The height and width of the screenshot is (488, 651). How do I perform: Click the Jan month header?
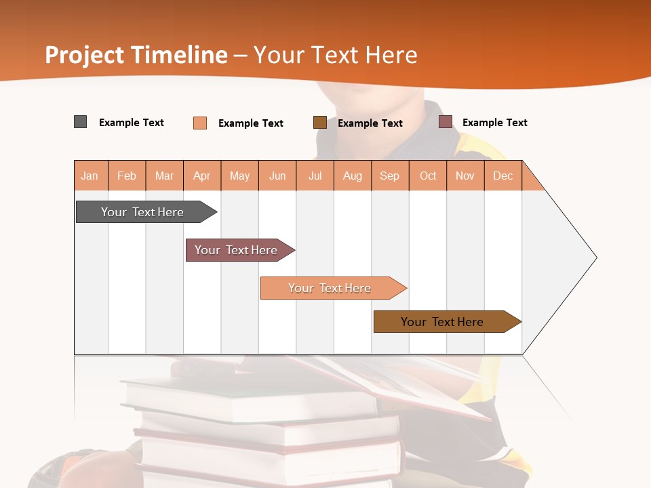[x=90, y=176]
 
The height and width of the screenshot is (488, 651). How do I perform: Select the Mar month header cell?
[x=164, y=176]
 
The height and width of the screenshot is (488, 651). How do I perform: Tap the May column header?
[x=239, y=176]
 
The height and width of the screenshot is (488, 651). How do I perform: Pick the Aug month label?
[x=352, y=176]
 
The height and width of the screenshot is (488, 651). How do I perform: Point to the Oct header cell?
[x=428, y=176]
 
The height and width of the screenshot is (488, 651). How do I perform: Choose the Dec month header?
[x=502, y=176]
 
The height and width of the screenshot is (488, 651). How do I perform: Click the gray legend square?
[x=80, y=122]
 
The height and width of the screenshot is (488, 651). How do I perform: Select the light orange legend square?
[x=200, y=123]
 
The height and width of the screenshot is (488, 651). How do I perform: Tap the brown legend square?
[x=320, y=123]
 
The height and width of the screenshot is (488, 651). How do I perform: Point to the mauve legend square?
[x=446, y=122]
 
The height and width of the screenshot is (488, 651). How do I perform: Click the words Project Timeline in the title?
[x=136, y=55]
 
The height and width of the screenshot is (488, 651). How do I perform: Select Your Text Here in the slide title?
[x=335, y=55]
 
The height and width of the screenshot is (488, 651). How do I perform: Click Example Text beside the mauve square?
[x=494, y=123]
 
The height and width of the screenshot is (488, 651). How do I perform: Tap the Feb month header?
[x=127, y=176]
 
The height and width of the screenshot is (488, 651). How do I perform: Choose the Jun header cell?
[x=277, y=176]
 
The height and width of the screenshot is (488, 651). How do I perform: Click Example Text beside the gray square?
[x=132, y=123]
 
